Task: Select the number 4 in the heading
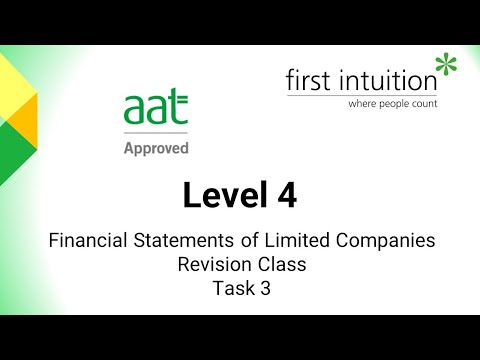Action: coord(287,196)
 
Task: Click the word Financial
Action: coord(84,241)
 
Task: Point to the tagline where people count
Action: coord(392,103)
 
